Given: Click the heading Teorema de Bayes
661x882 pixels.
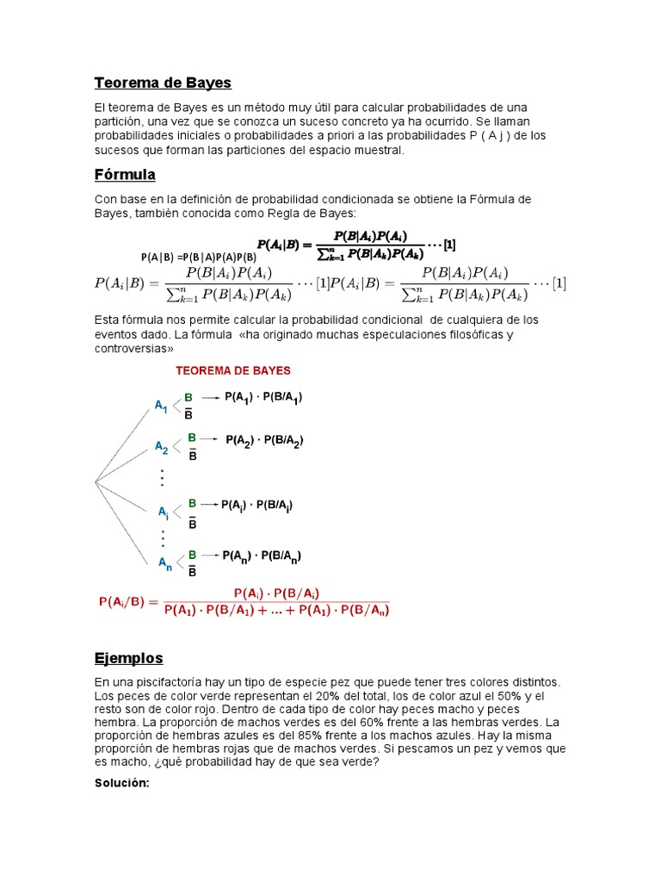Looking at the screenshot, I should pyautogui.click(x=163, y=84).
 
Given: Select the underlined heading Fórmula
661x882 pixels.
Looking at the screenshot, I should pyautogui.click(x=125, y=175).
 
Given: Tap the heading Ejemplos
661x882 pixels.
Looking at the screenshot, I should pyautogui.click(x=128, y=658).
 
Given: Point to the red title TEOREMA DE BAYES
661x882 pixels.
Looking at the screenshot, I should pyautogui.click(x=233, y=371).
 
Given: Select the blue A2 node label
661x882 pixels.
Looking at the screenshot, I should pyautogui.click(x=162, y=447).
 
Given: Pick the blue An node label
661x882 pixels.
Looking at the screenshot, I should pyautogui.click(x=164, y=563).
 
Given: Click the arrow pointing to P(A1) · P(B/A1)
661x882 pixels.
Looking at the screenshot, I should pyautogui.click(x=210, y=398).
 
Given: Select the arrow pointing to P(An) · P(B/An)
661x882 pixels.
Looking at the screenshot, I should pyautogui.click(x=209, y=556).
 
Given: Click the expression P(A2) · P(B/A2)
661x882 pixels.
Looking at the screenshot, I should pyautogui.click(x=264, y=440).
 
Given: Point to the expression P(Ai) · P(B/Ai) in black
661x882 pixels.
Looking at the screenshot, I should pyautogui.click(x=257, y=506).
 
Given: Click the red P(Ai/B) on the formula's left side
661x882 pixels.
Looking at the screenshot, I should pyautogui.click(x=127, y=602).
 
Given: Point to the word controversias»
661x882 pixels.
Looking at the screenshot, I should pyautogui.click(x=134, y=349).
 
